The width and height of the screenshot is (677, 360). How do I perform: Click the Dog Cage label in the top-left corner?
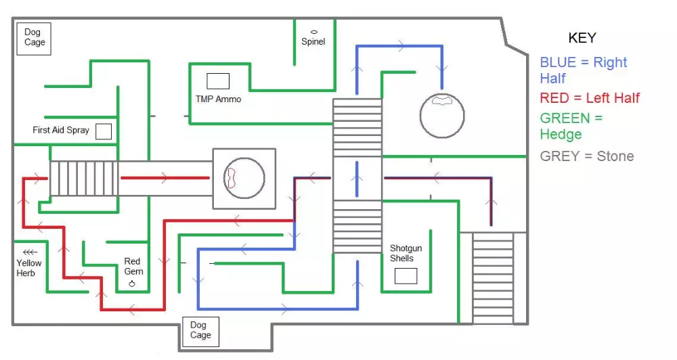[35, 37]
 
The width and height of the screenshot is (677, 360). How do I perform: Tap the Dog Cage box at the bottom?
[200, 330]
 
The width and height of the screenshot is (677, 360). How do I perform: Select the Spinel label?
[313, 42]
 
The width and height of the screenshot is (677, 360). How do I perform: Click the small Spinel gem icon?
[314, 32]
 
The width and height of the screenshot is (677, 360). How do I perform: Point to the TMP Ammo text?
[218, 99]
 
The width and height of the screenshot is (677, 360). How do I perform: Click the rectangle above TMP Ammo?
[218, 81]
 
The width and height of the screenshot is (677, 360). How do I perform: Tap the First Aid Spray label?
[61, 130]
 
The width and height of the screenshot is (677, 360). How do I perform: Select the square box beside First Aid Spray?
[104, 131]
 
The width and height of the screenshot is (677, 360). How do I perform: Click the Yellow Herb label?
[29, 268]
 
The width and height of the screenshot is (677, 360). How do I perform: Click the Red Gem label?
[132, 267]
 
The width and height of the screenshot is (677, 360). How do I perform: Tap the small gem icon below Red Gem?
[132, 284]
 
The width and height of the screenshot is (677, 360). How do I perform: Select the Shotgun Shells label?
[406, 254]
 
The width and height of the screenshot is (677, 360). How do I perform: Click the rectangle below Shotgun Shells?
[406, 276]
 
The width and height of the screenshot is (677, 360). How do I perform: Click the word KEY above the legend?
[582, 38]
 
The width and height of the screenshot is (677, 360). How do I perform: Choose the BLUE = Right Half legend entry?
[583, 70]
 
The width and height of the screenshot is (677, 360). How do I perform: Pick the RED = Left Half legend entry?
[590, 99]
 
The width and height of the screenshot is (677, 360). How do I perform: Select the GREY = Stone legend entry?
[587, 156]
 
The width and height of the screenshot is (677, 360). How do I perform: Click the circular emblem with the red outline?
[244, 179]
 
